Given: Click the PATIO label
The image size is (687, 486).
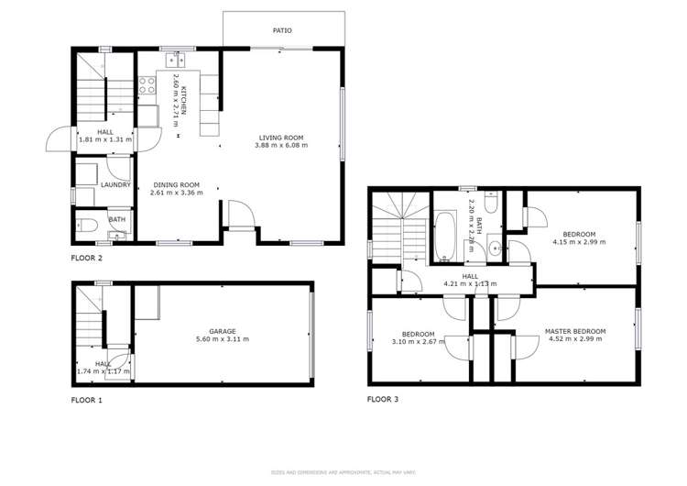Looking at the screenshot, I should (282, 30).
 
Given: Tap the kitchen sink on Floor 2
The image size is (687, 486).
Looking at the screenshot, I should (174, 61).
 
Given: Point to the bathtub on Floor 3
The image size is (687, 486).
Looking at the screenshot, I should (446, 235).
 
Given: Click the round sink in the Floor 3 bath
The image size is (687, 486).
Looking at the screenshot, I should (495, 246).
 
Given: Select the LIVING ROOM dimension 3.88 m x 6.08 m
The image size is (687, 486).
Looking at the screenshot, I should (281, 145).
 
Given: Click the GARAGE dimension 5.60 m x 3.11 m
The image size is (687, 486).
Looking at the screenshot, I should (223, 339).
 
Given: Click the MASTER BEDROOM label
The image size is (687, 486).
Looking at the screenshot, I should (575, 331).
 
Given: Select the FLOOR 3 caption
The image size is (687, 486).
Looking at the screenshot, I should (383, 399).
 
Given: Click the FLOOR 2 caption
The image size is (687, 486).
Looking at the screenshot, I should (87, 259).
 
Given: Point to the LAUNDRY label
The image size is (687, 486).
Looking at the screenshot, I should (115, 184).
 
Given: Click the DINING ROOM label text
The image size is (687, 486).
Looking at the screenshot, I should (175, 184).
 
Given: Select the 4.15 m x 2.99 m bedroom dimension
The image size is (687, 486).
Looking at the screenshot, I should (579, 243).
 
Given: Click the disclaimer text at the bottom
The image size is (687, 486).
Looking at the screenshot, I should (343, 471).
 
